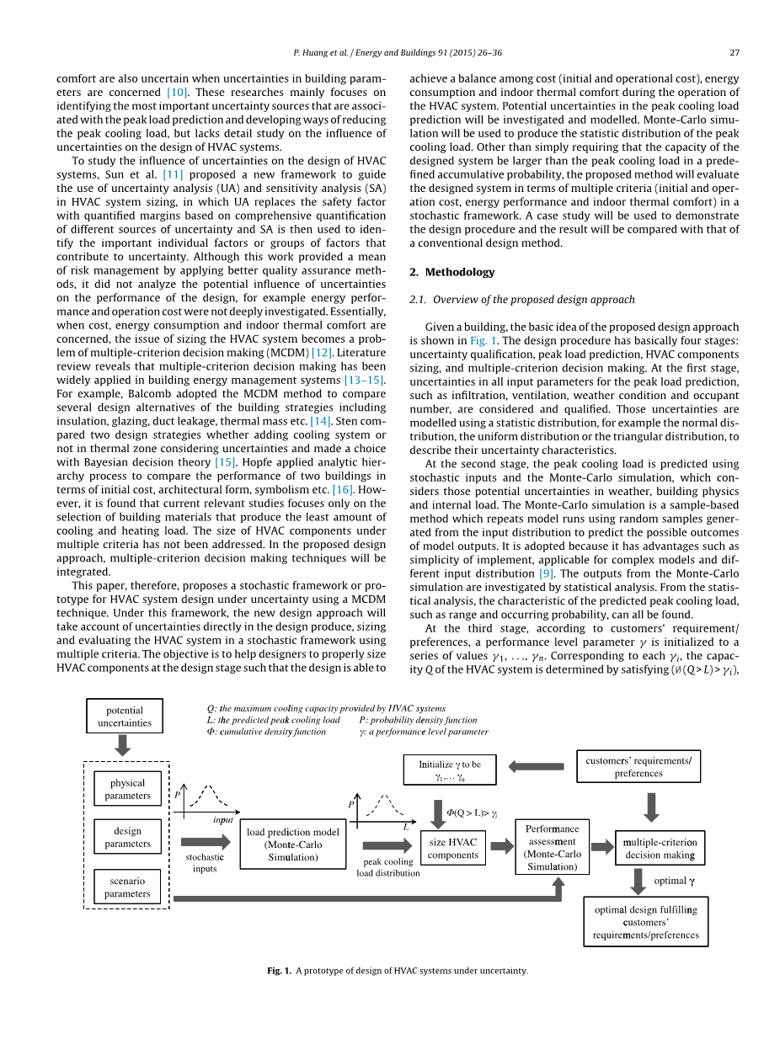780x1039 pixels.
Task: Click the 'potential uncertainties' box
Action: tap(125, 717)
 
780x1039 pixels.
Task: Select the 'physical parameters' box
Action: tap(127, 789)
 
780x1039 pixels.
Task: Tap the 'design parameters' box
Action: tap(127, 837)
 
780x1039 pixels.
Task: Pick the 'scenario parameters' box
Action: tap(127, 887)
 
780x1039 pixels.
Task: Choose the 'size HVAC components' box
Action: tap(452, 848)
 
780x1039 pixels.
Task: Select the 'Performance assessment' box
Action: tap(552, 847)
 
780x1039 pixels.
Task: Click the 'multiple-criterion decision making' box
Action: tap(660, 848)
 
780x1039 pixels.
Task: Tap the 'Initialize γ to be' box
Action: tap(450, 770)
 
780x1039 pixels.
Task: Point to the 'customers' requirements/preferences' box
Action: tap(638, 766)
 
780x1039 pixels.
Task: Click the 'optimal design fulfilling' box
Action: tap(645, 922)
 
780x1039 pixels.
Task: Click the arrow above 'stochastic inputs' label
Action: tap(205, 842)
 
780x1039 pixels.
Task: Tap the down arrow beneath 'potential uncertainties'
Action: tap(123, 745)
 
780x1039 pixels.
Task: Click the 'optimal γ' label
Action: tap(675, 882)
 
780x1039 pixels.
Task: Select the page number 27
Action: tap(735, 52)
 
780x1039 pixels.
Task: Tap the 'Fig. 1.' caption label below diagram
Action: tap(279, 971)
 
